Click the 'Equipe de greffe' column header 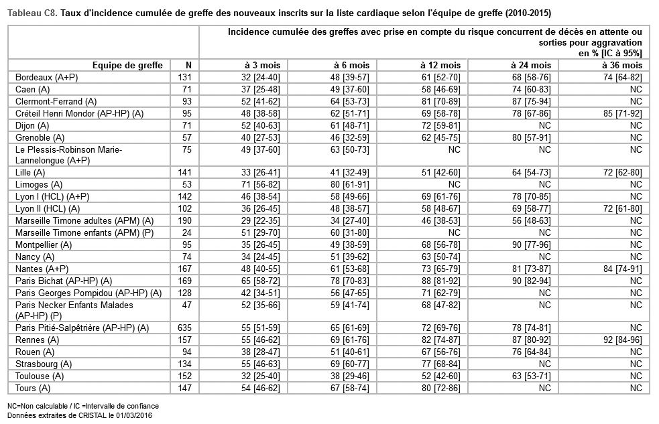(x=127, y=65)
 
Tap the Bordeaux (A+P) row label (x=46, y=77)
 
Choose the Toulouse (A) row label (x=40, y=376)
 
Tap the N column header (x=188, y=65)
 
